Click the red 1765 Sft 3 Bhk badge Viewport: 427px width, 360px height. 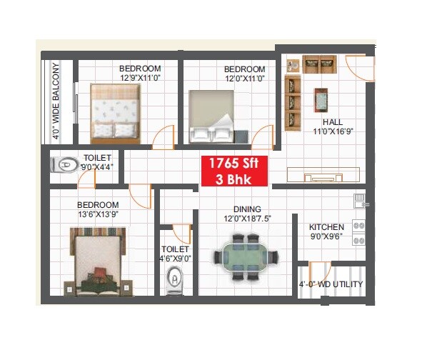(x=233, y=170)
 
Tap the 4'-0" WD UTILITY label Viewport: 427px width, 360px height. (x=331, y=284)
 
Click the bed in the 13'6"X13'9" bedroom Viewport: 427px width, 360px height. (x=97, y=260)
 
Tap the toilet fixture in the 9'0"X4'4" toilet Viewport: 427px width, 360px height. (x=64, y=165)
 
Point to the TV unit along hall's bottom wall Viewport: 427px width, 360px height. (x=323, y=174)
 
